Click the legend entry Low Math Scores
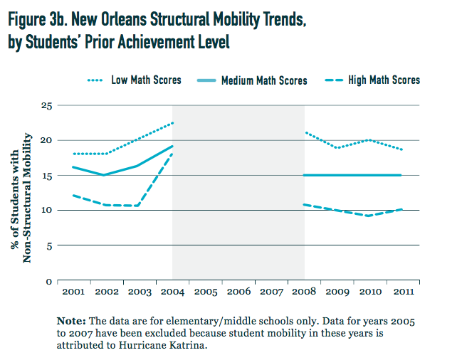[x=146, y=80]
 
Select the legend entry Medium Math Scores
[x=264, y=80]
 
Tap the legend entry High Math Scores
[x=384, y=80]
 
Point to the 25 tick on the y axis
[x=46, y=105]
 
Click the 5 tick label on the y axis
[x=49, y=245]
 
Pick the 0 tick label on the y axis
[x=49, y=280]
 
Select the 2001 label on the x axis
[x=73, y=292]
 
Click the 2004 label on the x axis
[x=173, y=292]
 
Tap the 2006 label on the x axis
[x=239, y=292]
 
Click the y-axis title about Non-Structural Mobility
[x=22, y=193]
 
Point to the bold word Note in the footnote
[x=71, y=321]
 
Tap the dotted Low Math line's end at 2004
[x=173, y=122]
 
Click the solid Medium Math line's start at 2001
[x=73, y=167]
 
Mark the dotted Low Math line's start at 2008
[x=305, y=132]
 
